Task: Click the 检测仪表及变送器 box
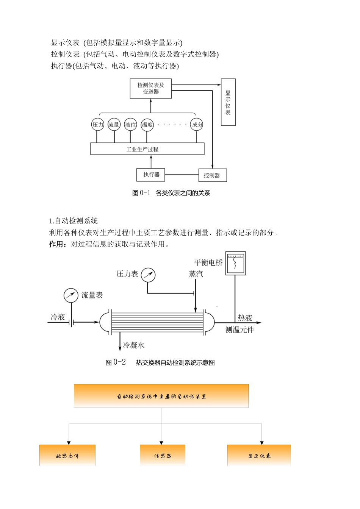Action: click(x=150, y=89)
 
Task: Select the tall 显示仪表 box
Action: click(x=228, y=102)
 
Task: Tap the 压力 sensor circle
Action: click(x=98, y=125)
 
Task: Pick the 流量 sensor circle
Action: click(x=114, y=125)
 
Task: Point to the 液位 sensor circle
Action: click(x=130, y=125)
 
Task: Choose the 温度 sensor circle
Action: click(x=147, y=125)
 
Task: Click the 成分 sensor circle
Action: click(x=197, y=125)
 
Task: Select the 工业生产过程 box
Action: click(x=147, y=149)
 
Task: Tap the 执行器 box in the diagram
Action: click(x=151, y=175)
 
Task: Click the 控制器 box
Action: click(x=212, y=175)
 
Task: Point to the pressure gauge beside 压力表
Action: click(x=148, y=275)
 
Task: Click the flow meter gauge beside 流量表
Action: click(x=71, y=295)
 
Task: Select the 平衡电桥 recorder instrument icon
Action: click(x=235, y=263)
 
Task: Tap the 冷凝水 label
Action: click(x=133, y=345)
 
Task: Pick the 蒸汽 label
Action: click(x=196, y=274)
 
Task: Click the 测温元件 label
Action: click(x=239, y=330)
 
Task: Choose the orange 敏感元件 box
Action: click(x=67, y=455)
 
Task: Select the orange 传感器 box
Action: click(x=162, y=455)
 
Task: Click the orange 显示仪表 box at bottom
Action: click(x=259, y=455)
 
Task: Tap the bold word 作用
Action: click(x=56, y=244)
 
